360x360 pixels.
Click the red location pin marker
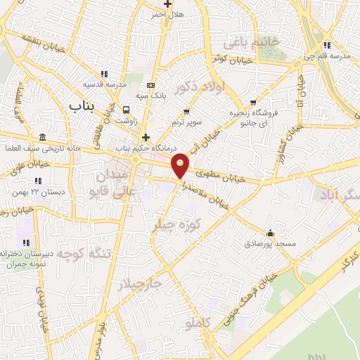click(x=181, y=165)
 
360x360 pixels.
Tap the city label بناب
click(x=82, y=106)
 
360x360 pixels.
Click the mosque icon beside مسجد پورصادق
click(x=270, y=233)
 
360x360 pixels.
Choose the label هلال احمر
click(x=168, y=14)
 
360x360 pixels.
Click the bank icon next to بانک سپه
click(x=150, y=85)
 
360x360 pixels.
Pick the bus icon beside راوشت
click(x=127, y=110)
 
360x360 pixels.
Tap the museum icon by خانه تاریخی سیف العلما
click(x=43, y=136)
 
